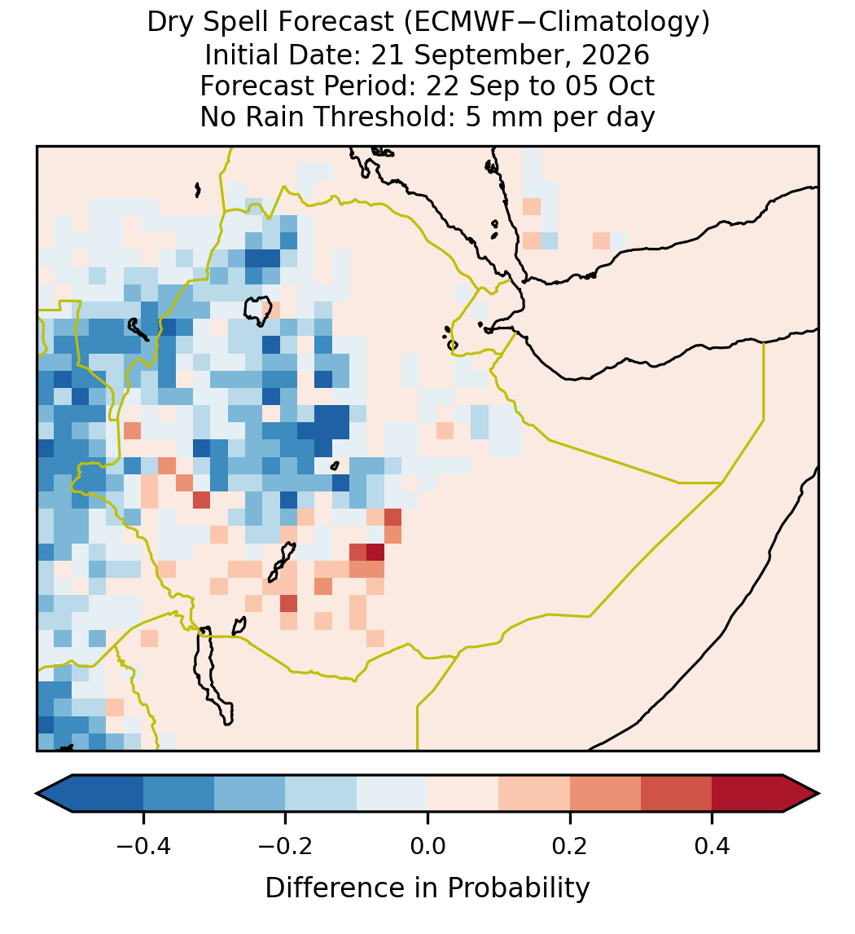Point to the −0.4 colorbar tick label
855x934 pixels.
point(143,845)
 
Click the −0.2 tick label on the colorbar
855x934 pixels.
point(286,845)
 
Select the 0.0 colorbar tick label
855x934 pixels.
point(427,845)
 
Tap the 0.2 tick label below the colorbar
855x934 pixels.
point(570,845)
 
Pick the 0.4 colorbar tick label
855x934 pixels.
point(712,845)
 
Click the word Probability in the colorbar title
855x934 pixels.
point(519,888)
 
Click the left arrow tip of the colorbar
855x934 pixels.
point(37,794)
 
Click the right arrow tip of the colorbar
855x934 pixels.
point(819,794)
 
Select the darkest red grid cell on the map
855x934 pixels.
point(375,553)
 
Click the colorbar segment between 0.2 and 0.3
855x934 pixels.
point(605,794)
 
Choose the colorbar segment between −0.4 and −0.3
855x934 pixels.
point(178,794)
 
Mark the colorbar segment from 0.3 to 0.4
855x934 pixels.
point(677,794)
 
